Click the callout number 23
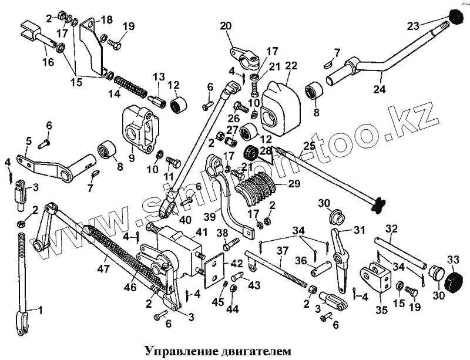pyautogui.click(x=413, y=25)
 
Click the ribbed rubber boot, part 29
pyautogui.click(x=262, y=185)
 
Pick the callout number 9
pyautogui.click(x=131, y=157)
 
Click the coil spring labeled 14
pyautogui.click(x=133, y=85)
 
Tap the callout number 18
pyautogui.click(x=106, y=19)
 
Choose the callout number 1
pyautogui.click(x=40, y=308)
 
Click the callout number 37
pyautogui.click(x=283, y=251)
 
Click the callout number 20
pyautogui.click(x=226, y=26)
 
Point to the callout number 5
pyautogui.click(x=28, y=140)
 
